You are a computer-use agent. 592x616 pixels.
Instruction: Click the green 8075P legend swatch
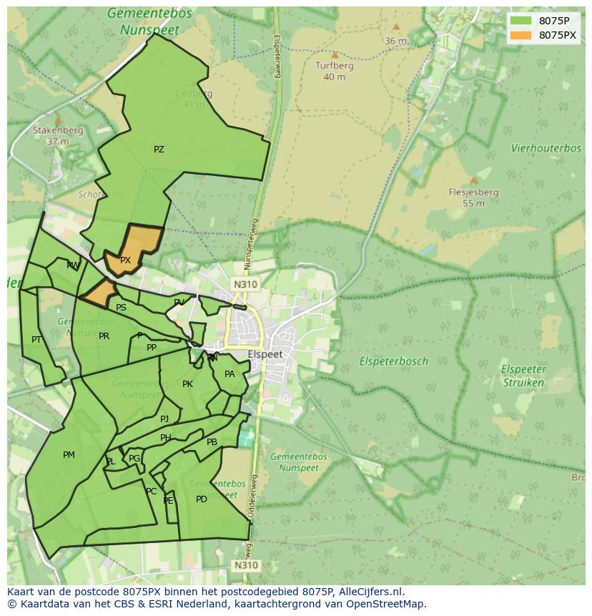(x=521, y=20)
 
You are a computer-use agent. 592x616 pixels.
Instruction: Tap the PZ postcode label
(x=159, y=150)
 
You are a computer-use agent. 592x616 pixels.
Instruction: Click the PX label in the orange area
(x=125, y=260)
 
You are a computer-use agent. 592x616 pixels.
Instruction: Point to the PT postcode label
(x=36, y=339)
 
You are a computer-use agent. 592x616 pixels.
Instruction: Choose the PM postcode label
(x=69, y=454)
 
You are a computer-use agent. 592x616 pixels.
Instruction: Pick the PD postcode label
(x=202, y=499)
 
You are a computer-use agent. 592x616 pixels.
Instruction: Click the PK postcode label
(x=187, y=384)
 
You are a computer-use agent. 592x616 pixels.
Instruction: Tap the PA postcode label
(x=230, y=373)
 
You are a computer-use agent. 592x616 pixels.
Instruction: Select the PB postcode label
(x=212, y=442)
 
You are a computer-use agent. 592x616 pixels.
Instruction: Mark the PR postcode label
(x=104, y=336)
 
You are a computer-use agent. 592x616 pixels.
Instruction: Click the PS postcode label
(x=121, y=308)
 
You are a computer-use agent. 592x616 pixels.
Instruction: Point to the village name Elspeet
(x=265, y=354)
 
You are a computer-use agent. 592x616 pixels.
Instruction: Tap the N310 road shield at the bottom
(x=245, y=565)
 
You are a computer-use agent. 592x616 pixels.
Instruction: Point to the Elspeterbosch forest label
(x=394, y=361)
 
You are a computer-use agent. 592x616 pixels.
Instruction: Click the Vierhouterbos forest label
(x=546, y=148)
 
